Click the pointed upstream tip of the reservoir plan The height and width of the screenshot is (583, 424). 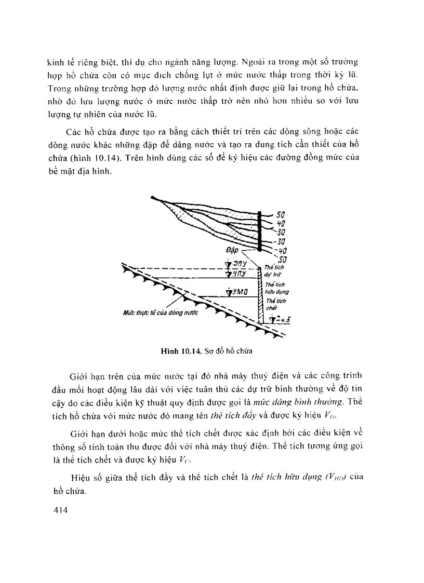point(152,197)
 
